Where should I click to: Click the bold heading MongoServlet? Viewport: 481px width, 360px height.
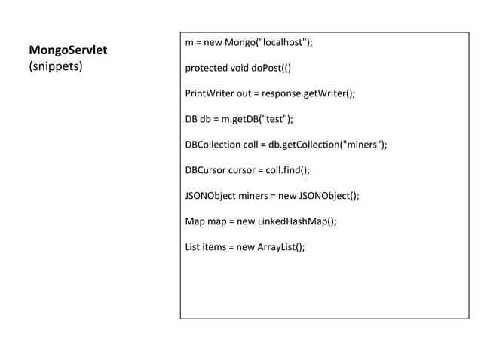click(x=68, y=50)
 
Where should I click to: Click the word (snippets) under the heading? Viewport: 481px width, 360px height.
click(x=56, y=66)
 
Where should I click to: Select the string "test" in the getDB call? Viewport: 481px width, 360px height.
click(x=270, y=120)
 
